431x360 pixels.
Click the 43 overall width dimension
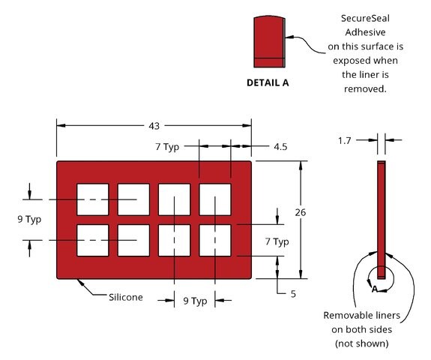tap(154, 126)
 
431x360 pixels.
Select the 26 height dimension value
tap(301, 212)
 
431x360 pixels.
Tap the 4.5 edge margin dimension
tap(280, 146)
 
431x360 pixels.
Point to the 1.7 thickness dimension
tap(344, 140)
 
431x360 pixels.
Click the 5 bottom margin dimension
tap(293, 294)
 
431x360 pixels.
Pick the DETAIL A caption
tap(268, 82)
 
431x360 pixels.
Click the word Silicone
tap(126, 297)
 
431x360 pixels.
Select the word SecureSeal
tap(365, 19)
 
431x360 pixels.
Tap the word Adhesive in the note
tap(365, 32)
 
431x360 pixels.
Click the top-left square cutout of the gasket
tap(93, 199)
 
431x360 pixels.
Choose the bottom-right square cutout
tap(215, 240)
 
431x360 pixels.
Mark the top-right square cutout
tap(215, 199)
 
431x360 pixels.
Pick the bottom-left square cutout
tap(93, 240)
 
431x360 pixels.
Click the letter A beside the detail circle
tap(375, 289)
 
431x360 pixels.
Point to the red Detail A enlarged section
tap(269, 41)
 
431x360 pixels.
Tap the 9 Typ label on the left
tap(29, 220)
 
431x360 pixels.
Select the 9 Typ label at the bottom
tap(195, 301)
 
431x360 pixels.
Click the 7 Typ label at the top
tap(167, 147)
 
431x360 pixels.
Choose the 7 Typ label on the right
tap(277, 242)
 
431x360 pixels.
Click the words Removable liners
tap(362, 316)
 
